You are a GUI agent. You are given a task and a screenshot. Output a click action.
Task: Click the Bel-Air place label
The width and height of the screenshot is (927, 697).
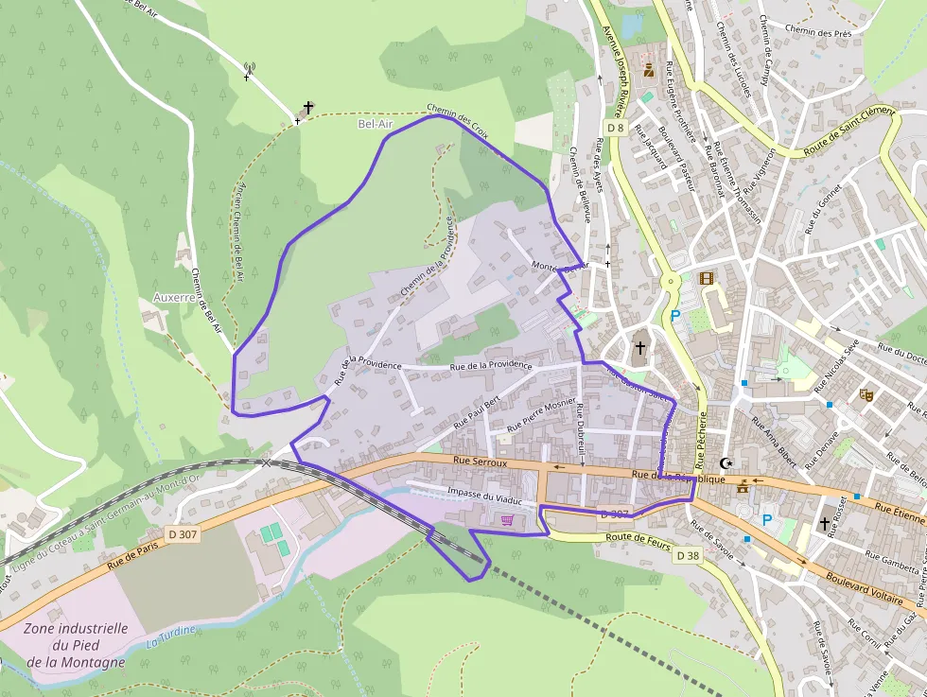(375, 124)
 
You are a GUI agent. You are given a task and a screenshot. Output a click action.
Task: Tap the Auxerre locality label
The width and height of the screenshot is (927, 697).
(174, 297)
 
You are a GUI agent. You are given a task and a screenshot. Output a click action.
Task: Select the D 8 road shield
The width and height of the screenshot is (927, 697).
(616, 128)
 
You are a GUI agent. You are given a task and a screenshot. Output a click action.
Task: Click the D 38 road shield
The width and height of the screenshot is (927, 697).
(687, 556)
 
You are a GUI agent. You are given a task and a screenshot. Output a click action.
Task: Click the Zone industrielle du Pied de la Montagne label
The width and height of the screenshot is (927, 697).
(75, 645)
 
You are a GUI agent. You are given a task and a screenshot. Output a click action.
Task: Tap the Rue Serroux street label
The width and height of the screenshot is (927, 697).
(481, 463)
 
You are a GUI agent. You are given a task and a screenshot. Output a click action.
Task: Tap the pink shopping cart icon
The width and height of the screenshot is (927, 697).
(509, 519)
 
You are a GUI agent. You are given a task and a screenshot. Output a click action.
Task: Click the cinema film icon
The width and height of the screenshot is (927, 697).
(706, 278)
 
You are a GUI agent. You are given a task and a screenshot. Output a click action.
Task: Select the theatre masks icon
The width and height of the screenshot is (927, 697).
(865, 394)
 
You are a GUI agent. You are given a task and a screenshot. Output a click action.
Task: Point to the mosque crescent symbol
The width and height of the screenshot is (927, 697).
(726, 463)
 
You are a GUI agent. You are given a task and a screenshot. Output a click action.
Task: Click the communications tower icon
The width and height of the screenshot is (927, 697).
(250, 68)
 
